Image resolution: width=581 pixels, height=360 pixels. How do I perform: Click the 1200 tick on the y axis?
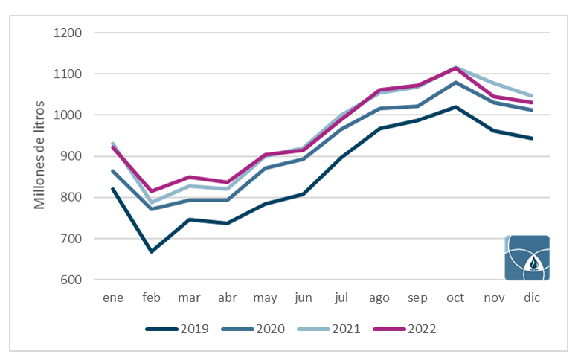[68, 33]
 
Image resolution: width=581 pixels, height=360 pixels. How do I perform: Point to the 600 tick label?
[71, 280]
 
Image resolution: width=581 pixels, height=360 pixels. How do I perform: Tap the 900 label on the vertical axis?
[71, 156]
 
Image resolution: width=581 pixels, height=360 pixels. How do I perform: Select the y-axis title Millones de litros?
[39, 155]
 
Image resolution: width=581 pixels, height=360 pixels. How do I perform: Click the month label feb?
[151, 298]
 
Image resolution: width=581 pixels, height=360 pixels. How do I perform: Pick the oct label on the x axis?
[455, 298]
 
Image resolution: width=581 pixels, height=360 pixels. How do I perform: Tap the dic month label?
[532, 298]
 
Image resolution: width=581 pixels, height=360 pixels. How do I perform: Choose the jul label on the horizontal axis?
[341, 298]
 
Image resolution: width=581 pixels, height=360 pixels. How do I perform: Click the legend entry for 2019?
[177, 329]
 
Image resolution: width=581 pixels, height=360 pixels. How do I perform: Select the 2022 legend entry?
[405, 329]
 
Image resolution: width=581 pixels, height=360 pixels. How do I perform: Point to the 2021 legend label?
[346, 329]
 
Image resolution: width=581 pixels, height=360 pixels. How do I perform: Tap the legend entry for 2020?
[253, 329]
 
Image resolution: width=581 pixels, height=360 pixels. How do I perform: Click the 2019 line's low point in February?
[151, 252]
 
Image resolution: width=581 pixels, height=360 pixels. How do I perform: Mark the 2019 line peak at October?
[455, 106]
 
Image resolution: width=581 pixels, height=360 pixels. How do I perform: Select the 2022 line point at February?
[151, 191]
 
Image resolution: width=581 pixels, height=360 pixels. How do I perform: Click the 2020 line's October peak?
[455, 83]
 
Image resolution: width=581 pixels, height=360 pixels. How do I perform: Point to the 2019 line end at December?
[532, 138]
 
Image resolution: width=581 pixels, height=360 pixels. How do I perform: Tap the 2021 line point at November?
[493, 83]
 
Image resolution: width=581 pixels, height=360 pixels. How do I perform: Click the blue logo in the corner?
[527, 258]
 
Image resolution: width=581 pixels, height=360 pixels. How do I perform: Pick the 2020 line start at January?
[112, 171]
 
